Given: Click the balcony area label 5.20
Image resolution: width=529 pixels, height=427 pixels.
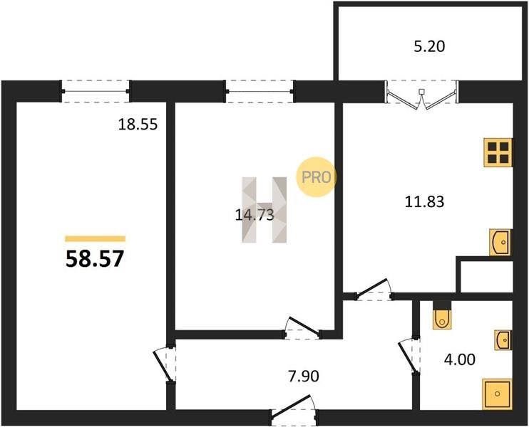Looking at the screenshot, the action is click(x=429, y=46).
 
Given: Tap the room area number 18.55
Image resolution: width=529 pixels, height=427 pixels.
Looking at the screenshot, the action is click(x=138, y=125).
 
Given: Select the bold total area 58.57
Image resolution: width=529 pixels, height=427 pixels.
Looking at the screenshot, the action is click(x=95, y=259).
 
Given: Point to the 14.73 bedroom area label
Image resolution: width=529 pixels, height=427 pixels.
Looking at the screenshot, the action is click(x=254, y=215).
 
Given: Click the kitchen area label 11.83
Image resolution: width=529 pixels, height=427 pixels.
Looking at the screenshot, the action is click(x=424, y=201).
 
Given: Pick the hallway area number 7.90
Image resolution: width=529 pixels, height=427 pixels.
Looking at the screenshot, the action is click(x=304, y=376).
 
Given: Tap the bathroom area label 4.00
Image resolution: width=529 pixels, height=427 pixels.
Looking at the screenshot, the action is click(x=460, y=359).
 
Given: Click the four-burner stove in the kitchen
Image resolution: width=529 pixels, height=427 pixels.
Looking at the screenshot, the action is click(x=498, y=152).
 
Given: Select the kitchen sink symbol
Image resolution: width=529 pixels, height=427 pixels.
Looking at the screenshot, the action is click(x=500, y=242).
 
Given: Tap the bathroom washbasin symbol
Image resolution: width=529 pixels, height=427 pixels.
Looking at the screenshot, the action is click(x=503, y=340).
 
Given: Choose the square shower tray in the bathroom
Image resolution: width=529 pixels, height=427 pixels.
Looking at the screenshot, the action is click(x=498, y=394).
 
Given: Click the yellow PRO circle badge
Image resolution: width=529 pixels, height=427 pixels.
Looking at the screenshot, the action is click(x=316, y=176).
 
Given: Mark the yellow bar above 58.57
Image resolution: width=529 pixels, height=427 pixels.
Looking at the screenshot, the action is click(x=95, y=238).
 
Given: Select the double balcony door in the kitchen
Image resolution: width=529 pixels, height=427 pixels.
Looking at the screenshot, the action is click(x=421, y=95).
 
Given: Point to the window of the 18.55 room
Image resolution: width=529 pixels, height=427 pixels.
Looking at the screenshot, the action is click(x=96, y=91).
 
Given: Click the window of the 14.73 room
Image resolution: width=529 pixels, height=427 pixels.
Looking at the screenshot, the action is click(x=260, y=91).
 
